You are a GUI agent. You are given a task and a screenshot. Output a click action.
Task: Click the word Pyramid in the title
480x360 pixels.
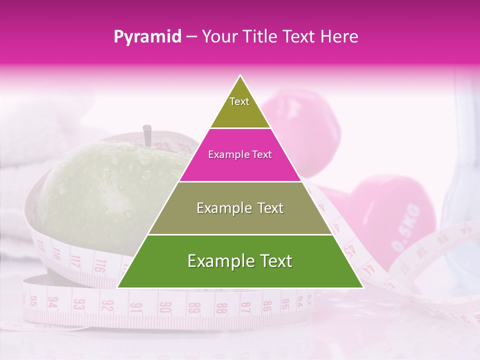(147, 36)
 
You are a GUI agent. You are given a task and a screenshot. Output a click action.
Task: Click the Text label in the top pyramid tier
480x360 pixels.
(239, 101)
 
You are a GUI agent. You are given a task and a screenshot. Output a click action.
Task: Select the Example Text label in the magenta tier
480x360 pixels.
(240, 154)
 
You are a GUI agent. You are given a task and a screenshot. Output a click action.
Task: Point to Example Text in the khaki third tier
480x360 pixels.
(240, 208)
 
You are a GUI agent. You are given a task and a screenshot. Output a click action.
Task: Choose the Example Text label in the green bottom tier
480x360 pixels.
(240, 261)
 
